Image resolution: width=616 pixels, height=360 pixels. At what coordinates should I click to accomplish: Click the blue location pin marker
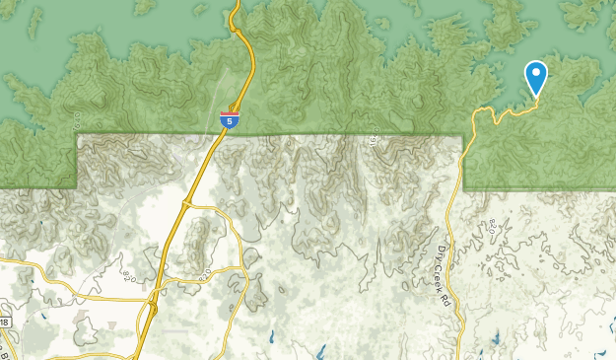pos(535,78)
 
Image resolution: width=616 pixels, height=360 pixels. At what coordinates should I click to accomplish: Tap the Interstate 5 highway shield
pos(228,119)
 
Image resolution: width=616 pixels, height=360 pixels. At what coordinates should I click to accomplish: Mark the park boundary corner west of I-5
pos(77,136)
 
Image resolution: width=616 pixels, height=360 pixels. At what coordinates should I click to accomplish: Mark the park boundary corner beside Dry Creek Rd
pos(463,136)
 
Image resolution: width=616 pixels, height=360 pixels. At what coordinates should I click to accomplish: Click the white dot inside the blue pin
pos(535,72)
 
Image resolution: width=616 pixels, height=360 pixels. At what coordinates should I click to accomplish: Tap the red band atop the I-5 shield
pos(228,113)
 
